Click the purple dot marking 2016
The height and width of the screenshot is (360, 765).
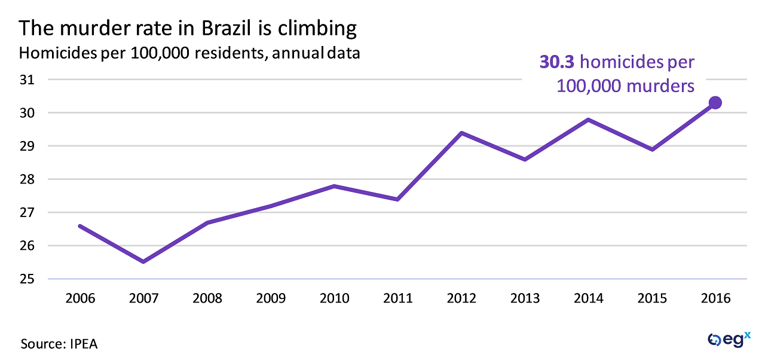pos(715,103)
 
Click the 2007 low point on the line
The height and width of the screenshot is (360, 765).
pos(143,262)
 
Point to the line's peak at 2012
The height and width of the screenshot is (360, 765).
pos(461,133)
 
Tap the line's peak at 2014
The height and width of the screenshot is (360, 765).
pos(588,120)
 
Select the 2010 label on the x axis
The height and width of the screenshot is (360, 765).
pos(334,298)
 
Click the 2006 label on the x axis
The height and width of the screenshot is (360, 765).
pos(79,298)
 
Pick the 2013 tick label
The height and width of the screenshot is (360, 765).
pos(525,298)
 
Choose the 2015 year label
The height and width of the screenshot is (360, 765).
pos(651,298)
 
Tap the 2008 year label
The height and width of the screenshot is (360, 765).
pos(207,298)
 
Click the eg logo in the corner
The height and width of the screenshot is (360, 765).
pos(729,339)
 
